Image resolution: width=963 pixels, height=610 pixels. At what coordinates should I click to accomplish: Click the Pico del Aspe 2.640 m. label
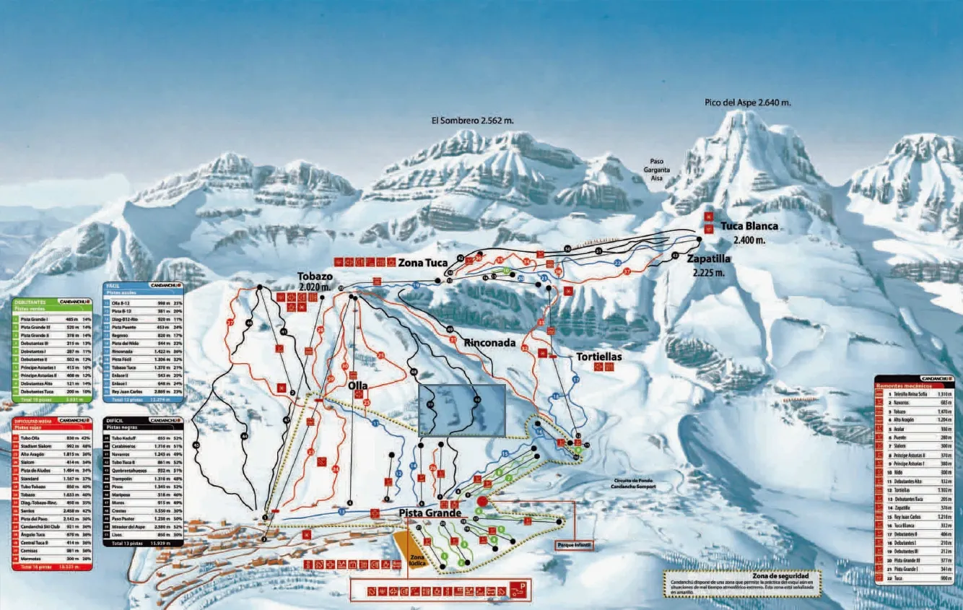point(747,103)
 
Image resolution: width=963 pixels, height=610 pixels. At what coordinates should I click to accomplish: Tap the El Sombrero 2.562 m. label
point(472,121)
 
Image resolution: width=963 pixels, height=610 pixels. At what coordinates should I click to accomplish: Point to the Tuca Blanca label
point(749,226)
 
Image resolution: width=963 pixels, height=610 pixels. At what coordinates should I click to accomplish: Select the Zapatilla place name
point(709,258)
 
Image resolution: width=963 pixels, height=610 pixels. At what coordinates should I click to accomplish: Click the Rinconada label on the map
point(490,343)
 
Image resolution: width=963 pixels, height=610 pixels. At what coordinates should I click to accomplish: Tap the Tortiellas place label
point(598,357)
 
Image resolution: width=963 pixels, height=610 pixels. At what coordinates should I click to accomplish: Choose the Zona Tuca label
point(422,263)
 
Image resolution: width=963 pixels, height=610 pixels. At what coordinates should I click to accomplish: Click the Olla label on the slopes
point(357,385)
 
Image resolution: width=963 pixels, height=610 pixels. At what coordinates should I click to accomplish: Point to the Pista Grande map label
point(430,513)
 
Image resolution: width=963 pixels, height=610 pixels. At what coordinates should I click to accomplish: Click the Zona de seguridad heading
point(779,575)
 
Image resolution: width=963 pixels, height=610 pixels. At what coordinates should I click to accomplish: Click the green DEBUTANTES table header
point(30,302)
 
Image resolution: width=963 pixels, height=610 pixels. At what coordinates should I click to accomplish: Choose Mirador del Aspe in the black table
point(127,528)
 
